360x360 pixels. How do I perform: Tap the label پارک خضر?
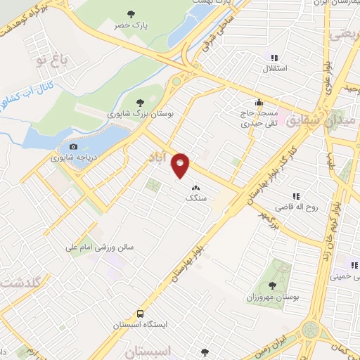tap(130, 25)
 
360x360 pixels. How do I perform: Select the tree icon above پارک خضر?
tap(130, 13)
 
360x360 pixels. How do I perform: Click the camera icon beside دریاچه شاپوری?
tap(74, 146)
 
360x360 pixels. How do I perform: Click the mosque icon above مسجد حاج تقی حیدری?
tap(259, 101)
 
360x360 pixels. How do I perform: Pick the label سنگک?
tap(195, 199)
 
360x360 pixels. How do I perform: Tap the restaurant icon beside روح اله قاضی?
tap(295, 196)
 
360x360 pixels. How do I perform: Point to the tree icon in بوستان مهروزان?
tap(271, 285)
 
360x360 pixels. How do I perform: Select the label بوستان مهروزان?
tap(275, 297)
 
